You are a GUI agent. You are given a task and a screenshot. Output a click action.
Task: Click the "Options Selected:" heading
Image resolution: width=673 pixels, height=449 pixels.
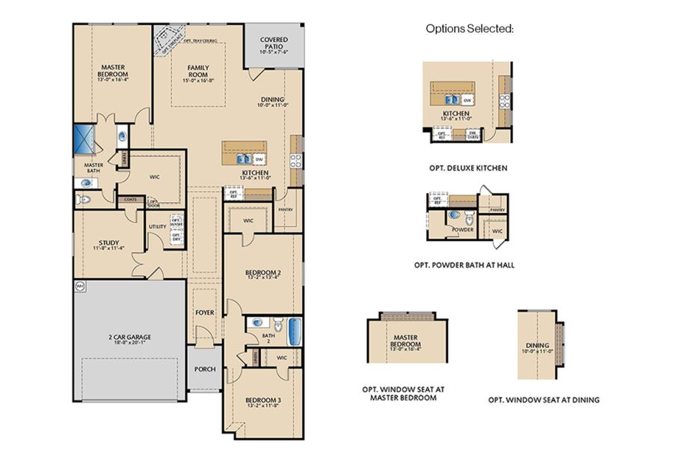[x=470, y=28]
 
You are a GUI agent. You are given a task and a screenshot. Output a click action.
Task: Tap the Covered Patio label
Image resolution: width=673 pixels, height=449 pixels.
[x=274, y=46]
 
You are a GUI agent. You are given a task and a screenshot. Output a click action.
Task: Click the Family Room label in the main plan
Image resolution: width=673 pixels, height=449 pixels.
[x=198, y=72]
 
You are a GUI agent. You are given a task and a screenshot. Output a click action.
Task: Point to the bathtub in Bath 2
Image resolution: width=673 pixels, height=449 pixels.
[x=294, y=329]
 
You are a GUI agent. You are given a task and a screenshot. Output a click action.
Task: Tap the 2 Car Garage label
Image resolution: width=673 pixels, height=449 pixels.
[x=129, y=337]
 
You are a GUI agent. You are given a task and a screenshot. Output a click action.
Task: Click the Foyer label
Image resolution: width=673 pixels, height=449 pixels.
[x=204, y=312]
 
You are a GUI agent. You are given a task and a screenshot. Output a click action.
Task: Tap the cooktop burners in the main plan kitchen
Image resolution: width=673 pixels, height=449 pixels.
[x=296, y=159]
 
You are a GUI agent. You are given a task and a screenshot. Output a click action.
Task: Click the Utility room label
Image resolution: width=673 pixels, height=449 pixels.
[x=158, y=226]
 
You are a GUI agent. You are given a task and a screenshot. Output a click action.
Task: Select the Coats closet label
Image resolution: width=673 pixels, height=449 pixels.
[x=131, y=199]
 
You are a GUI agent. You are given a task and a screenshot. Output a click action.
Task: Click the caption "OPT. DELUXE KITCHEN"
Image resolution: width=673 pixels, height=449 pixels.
[x=470, y=168]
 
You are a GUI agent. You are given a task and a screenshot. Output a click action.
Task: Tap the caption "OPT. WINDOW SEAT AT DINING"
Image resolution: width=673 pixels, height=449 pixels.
[x=544, y=400]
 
